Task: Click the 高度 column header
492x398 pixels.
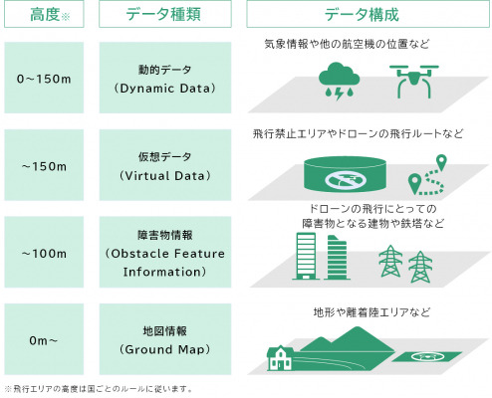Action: [44, 14]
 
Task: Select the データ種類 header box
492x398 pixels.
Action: [165, 14]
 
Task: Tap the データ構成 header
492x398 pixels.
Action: [368, 14]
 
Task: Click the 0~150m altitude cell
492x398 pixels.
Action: [44, 78]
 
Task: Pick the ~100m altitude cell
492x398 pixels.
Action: [44, 252]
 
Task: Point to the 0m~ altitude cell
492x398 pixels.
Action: [44, 339]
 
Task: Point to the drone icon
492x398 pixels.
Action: [414, 82]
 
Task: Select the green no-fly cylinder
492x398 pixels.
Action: [346, 174]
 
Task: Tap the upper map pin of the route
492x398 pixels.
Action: [441, 162]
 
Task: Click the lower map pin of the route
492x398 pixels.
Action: [414, 183]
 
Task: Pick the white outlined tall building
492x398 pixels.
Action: [306, 256]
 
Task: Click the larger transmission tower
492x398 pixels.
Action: [390, 261]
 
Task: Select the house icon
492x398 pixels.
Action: [280, 358]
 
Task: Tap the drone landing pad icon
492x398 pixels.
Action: [427, 356]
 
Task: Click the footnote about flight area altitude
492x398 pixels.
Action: [99, 389]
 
